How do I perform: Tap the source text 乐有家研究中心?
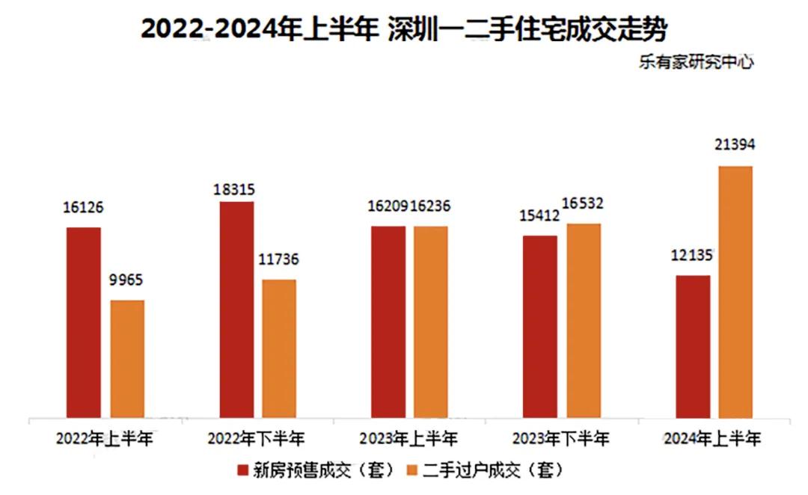click(696, 63)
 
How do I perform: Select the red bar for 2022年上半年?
click(83, 322)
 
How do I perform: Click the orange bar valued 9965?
click(127, 358)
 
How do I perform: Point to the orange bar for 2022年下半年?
click(279, 348)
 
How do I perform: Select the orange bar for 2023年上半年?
click(430, 322)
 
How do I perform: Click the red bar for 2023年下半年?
click(539, 326)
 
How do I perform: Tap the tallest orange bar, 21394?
click(735, 292)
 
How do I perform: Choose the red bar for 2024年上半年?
click(692, 345)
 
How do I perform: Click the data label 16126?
click(83, 209)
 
